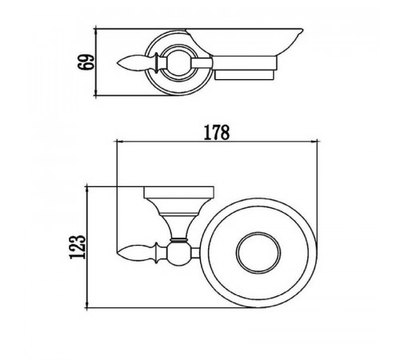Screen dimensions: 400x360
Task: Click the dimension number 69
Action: click(x=86, y=62)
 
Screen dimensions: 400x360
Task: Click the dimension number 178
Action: click(x=216, y=133)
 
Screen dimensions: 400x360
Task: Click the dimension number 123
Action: click(x=78, y=247)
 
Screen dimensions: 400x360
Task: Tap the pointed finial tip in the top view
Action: click(x=118, y=63)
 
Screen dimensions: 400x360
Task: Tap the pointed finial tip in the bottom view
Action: click(x=118, y=252)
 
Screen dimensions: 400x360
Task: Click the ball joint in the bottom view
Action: click(x=178, y=254)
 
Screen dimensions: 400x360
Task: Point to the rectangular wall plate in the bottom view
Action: click(x=179, y=193)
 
